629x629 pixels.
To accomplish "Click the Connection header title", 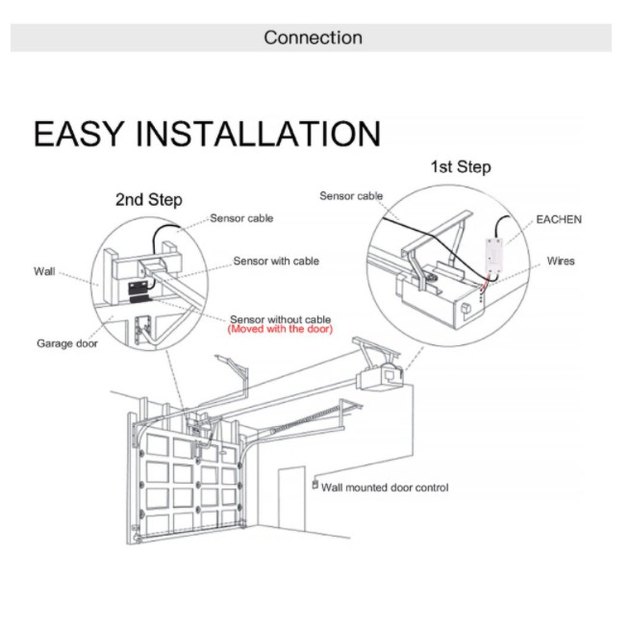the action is click(x=313, y=38).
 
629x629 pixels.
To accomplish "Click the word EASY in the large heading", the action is click(x=78, y=134).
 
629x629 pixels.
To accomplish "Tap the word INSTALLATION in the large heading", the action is click(x=258, y=134).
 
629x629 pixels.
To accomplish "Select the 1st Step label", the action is click(x=461, y=167).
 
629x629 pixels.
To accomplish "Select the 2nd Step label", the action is click(x=149, y=200).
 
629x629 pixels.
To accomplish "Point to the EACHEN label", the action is click(x=559, y=219).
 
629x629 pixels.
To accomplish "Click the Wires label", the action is click(x=561, y=261).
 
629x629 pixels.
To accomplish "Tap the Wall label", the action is click(x=44, y=271).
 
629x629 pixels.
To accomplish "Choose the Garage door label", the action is click(x=67, y=343).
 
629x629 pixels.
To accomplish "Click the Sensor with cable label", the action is click(x=276, y=261).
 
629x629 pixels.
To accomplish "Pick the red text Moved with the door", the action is click(x=280, y=329).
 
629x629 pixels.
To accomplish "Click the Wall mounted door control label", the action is click(x=385, y=488).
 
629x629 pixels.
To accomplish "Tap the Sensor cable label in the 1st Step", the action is click(x=351, y=196).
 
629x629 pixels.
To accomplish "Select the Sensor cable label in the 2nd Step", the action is click(x=241, y=218).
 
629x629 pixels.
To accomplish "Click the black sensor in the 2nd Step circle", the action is click(x=138, y=292).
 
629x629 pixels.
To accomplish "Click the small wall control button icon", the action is click(x=315, y=484).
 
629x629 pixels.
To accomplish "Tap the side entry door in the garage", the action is click(x=291, y=496).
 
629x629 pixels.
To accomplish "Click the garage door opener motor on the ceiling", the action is click(x=380, y=378).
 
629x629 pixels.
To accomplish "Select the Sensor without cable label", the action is click(x=280, y=319).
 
